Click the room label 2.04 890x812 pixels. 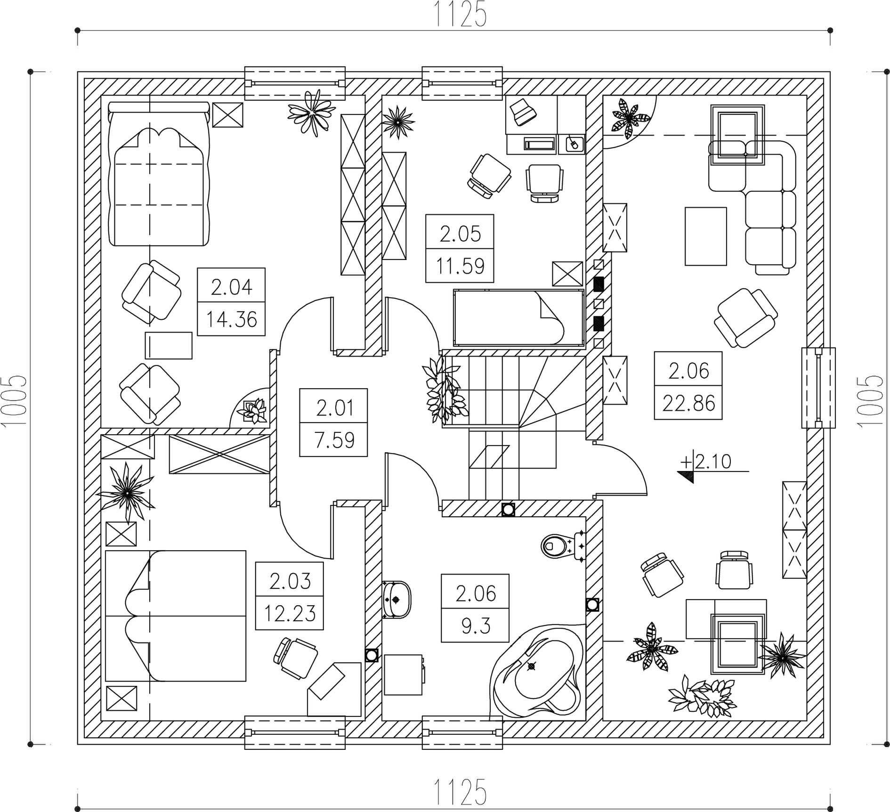(231, 286)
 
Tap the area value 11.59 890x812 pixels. (460, 266)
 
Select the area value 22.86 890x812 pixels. (688, 403)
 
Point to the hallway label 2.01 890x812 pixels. (334, 407)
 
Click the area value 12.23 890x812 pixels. (290, 614)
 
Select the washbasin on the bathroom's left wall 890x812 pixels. (396, 599)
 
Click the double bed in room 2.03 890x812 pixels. (175, 616)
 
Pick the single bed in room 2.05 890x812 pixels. (518, 317)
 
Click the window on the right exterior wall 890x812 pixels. (818, 388)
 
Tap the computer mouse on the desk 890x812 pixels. (573, 143)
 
